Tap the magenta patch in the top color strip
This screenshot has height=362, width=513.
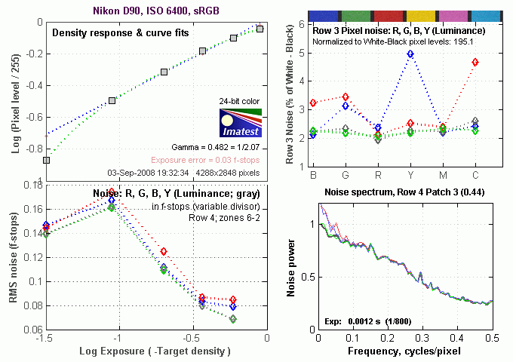pyautogui.click(x=443, y=14)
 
